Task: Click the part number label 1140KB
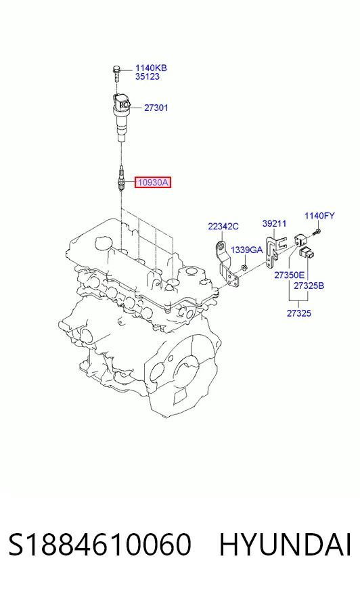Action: (151, 68)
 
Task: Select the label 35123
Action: (148, 76)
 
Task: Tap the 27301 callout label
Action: (156, 108)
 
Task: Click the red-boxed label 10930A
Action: (153, 183)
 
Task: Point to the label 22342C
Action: (223, 227)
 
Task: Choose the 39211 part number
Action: (274, 223)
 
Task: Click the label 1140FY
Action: (319, 216)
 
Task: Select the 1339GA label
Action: (246, 250)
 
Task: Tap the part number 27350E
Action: (289, 275)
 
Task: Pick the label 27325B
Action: (309, 286)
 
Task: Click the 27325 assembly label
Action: (299, 313)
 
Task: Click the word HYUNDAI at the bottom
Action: (285, 545)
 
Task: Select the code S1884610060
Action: (100, 545)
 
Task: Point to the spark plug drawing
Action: (120, 179)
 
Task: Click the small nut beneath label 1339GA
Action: (244, 267)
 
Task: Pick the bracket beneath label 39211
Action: (274, 252)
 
